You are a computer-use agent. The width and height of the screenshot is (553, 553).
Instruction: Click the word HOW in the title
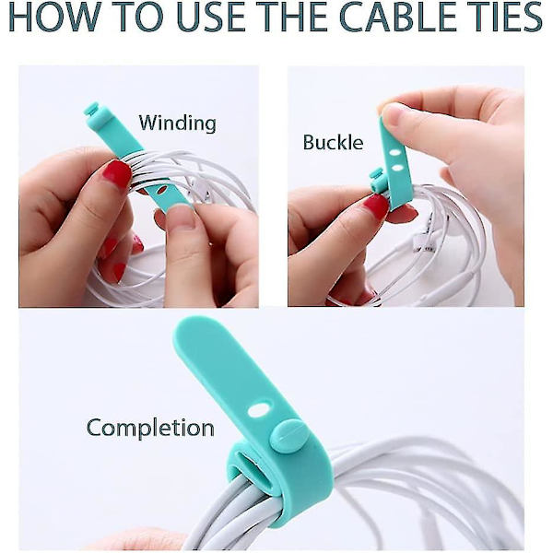coord(55,18)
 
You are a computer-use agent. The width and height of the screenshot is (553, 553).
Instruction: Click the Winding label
coord(177,124)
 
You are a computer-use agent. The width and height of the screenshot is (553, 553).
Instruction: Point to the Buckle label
coord(333,143)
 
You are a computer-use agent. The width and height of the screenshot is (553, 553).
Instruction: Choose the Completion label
coord(150,428)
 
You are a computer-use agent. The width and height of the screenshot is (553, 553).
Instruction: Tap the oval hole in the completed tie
coord(258,410)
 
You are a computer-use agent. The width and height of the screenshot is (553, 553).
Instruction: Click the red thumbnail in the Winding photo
coord(117,174)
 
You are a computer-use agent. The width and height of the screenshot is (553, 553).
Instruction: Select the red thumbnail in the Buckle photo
coord(375,207)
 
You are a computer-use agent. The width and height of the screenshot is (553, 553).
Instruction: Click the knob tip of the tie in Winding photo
coord(91,109)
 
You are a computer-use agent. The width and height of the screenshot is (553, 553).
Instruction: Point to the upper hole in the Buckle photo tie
coord(396,153)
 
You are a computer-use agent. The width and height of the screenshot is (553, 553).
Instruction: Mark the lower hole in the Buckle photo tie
coord(398,168)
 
